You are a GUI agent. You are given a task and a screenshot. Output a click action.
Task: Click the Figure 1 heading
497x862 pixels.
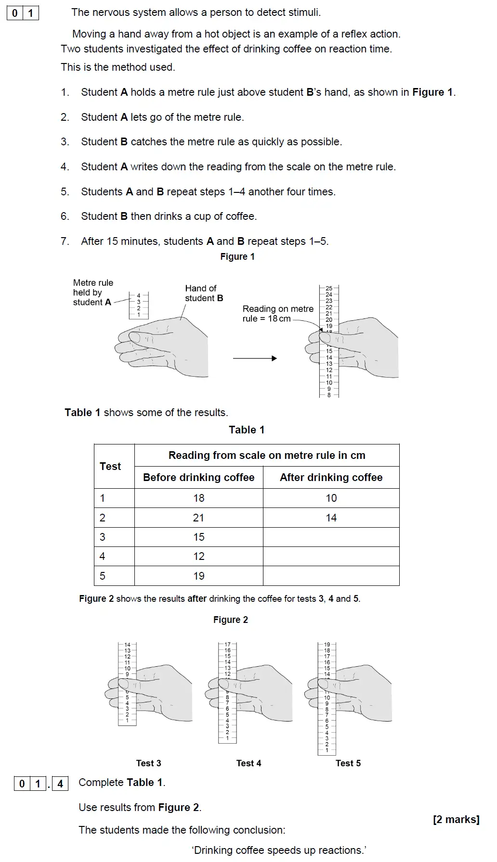click(x=237, y=257)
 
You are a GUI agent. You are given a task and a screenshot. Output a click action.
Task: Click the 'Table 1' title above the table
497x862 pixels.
click(x=247, y=430)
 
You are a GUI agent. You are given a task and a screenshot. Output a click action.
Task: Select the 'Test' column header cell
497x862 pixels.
click(x=111, y=466)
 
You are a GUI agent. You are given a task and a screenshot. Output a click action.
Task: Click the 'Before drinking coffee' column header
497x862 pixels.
click(x=198, y=478)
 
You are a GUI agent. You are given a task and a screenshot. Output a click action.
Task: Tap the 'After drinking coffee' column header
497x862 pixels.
click(x=331, y=478)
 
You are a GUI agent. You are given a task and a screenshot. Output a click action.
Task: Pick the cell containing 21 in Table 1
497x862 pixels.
click(x=198, y=518)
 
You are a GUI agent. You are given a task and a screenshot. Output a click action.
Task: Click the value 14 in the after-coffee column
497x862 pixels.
click(x=331, y=518)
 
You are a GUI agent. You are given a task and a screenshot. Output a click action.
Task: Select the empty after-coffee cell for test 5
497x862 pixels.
click(x=331, y=576)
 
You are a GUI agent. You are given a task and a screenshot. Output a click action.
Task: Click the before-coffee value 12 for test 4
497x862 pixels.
click(x=198, y=557)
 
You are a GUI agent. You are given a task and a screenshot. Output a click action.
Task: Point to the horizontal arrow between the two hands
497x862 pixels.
click(x=255, y=358)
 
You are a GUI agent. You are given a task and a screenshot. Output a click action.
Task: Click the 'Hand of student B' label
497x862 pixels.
click(x=204, y=293)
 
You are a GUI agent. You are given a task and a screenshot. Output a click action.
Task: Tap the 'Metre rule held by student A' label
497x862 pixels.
click(x=93, y=292)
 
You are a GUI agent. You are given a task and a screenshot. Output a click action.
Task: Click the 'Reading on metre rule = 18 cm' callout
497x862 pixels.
click(x=277, y=314)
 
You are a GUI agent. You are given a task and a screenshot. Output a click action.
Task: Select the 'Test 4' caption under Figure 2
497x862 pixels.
click(x=248, y=763)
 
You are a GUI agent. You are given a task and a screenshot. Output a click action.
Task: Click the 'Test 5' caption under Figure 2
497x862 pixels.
click(x=348, y=763)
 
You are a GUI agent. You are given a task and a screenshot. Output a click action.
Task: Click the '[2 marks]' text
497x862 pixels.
click(x=456, y=820)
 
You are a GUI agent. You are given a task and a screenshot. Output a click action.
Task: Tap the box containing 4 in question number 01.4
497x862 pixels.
click(x=60, y=784)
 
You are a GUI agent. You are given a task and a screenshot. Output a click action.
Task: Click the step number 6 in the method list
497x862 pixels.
click(x=65, y=216)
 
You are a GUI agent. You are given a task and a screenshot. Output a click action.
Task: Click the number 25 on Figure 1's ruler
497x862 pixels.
click(x=329, y=289)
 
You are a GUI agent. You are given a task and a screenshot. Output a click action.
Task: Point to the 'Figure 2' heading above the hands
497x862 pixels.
click(x=231, y=620)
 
